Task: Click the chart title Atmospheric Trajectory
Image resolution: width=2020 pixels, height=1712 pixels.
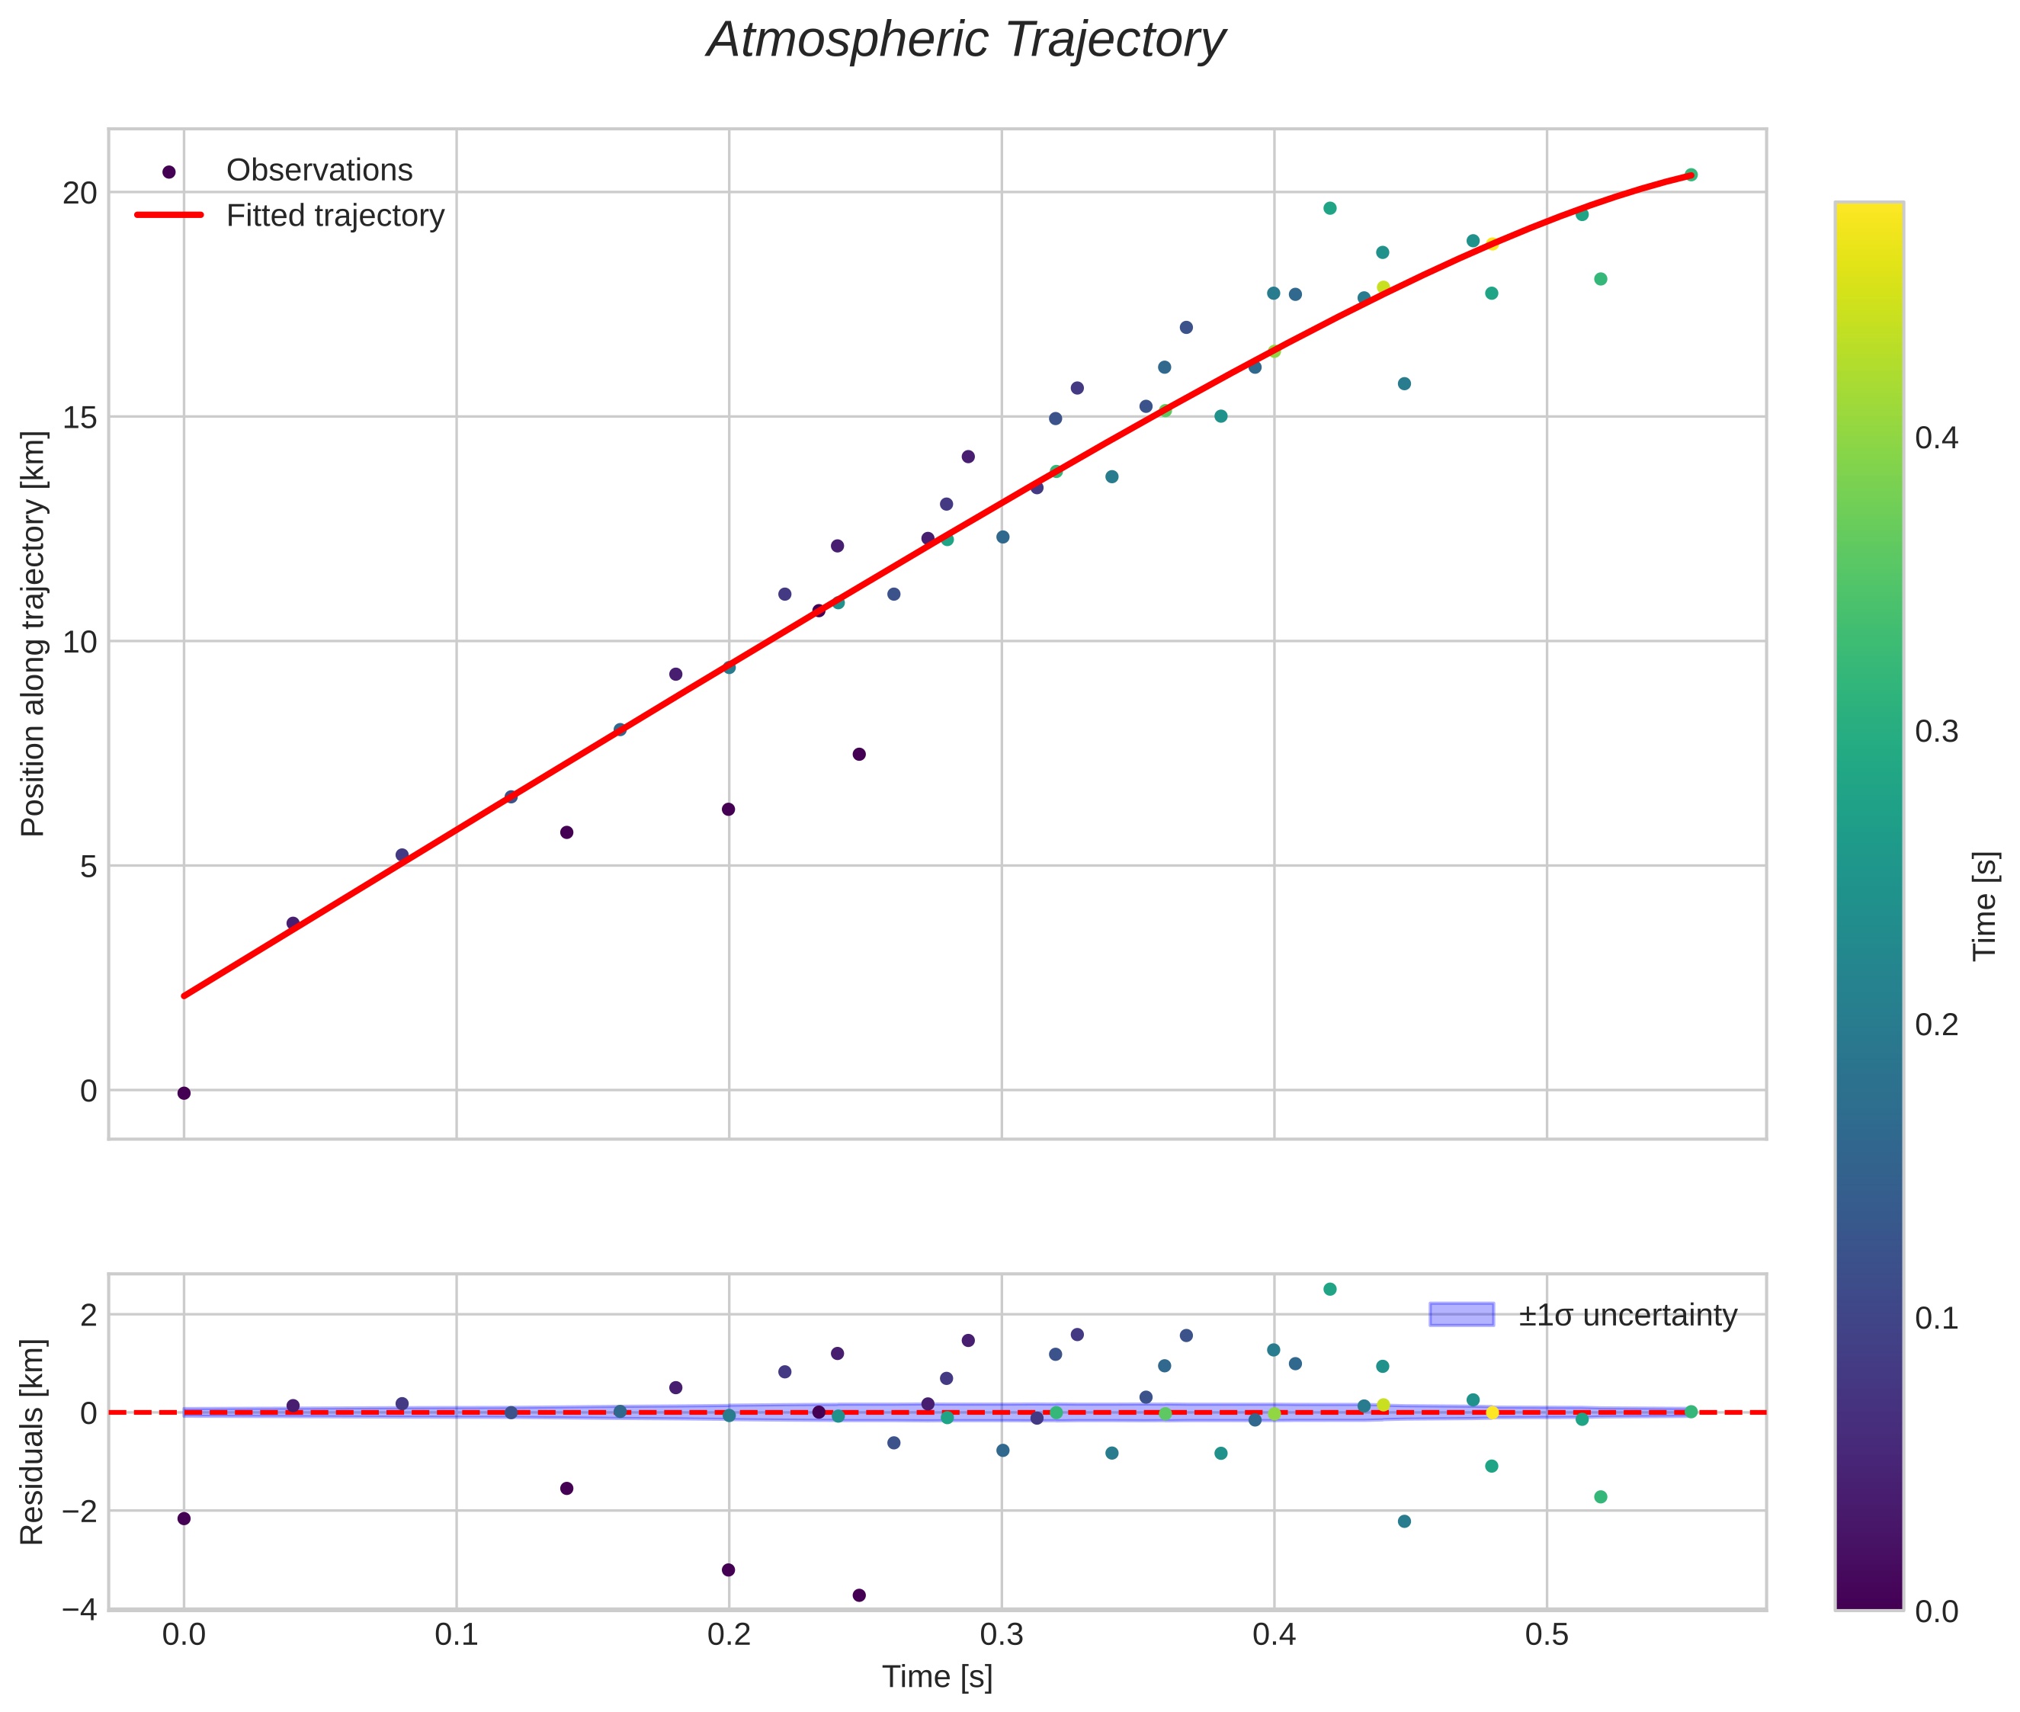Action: tap(965, 40)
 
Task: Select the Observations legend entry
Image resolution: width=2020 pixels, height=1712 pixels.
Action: tap(319, 171)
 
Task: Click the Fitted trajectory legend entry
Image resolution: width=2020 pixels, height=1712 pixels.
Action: tap(335, 216)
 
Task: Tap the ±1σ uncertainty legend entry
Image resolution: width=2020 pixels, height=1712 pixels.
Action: tap(1627, 1315)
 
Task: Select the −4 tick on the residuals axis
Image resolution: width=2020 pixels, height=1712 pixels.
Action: tap(79, 1609)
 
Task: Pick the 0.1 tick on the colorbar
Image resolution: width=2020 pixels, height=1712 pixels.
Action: tap(1936, 1318)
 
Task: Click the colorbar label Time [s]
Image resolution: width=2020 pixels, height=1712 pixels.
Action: tap(1985, 906)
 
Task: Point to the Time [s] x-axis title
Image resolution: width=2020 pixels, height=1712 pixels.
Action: tap(937, 1677)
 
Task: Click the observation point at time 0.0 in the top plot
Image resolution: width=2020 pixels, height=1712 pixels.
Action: tap(184, 1094)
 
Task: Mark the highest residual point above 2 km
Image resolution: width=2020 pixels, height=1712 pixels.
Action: tap(1330, 1289)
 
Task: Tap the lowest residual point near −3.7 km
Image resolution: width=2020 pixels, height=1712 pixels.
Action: tap(859, 1595)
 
